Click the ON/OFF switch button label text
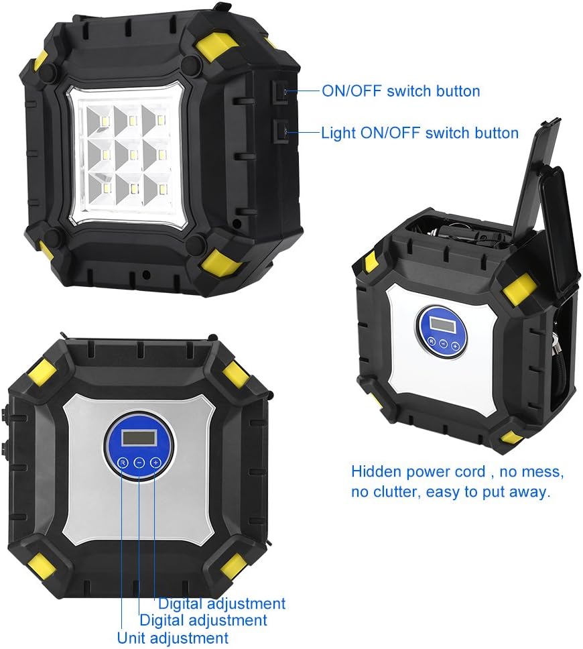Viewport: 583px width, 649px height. (x=401, y=91)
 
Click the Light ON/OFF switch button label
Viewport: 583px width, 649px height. (x=419, y=133)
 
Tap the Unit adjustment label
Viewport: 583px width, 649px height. (x=172, y=638)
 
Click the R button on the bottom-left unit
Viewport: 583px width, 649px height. (x=123, y=463)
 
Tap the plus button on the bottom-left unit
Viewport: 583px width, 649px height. (x=155, y=461)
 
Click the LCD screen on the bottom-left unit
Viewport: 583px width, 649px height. (x=139, y=438)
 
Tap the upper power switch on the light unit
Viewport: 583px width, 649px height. (x=281, y=92)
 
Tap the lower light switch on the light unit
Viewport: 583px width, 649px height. (x=281, y=131)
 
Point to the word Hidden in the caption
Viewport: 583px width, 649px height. (x=377, y=471)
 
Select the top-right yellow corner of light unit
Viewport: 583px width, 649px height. (x=216, y=48)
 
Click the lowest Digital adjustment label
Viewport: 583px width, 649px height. (x=203, y=620)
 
